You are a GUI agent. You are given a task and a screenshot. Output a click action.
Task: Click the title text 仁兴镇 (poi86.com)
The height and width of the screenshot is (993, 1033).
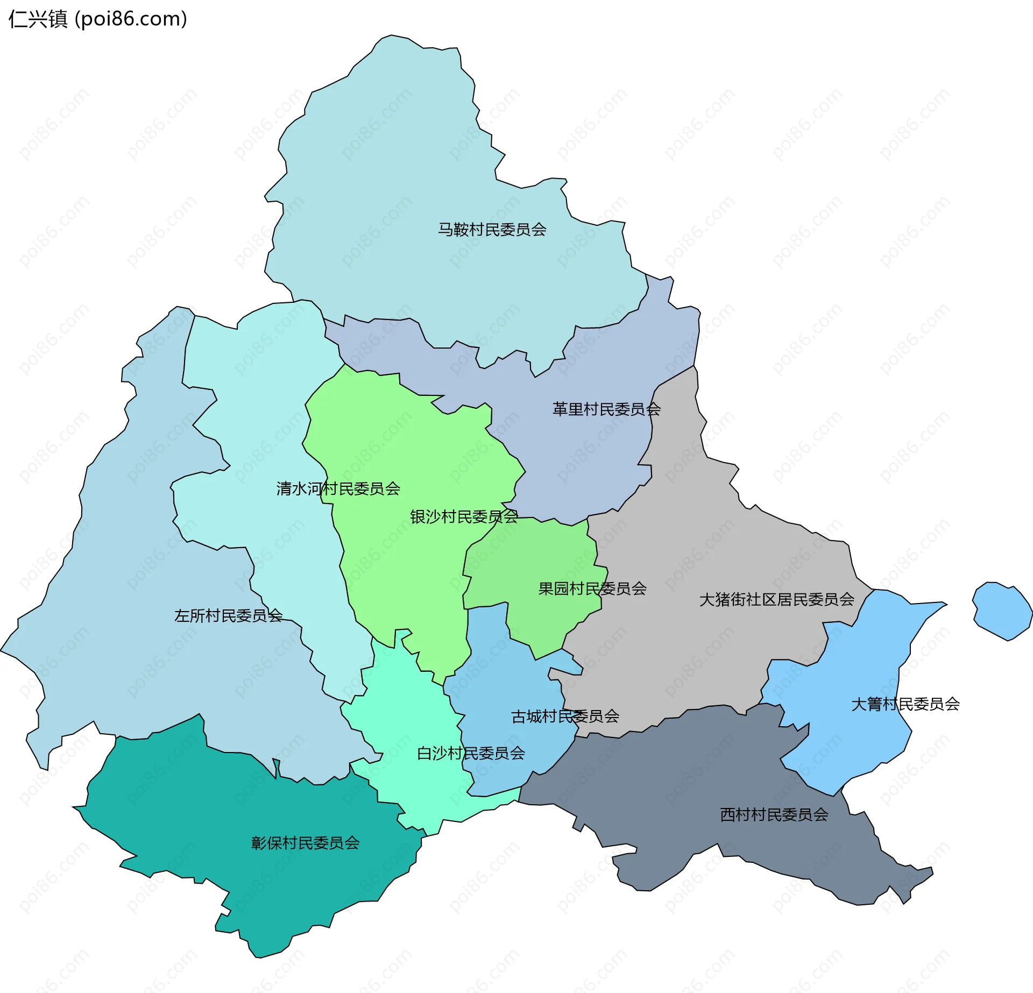click(x=97, y=19)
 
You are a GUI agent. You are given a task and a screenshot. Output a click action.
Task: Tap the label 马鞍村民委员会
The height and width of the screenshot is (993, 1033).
click(x=492, y=230)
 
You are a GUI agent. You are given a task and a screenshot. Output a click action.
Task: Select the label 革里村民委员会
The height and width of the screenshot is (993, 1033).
click(x=606, y=409)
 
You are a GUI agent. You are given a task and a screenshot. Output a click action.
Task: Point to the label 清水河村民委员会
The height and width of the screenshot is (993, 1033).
click(x=338, y=488)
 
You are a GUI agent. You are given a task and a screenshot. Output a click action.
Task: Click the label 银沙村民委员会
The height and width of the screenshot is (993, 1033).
click(x=464, y=517)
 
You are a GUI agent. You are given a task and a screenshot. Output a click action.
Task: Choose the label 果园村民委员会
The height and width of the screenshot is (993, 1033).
click(x=592, y=588)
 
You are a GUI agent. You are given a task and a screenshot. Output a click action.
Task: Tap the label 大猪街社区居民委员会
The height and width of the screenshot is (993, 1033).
click(x=776, y=599)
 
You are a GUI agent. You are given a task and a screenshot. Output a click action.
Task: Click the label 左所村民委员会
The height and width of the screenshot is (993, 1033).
click(x=228, y=615)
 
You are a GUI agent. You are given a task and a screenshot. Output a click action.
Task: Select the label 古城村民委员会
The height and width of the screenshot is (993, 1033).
click(x=565, y=717)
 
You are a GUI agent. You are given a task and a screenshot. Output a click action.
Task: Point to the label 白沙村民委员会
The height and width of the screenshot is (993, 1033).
click(x=471, y=753)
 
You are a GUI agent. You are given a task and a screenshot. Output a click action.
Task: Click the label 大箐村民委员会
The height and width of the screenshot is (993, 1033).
click(x=905, y=704)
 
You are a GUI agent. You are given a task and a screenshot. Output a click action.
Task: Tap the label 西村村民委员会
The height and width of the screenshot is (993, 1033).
click(x=774, y=814)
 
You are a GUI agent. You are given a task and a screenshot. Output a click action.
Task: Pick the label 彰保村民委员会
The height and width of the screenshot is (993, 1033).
click(x=305, y=843)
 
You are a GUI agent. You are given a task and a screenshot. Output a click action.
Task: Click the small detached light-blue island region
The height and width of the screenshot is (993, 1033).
click(x=1002, y=611)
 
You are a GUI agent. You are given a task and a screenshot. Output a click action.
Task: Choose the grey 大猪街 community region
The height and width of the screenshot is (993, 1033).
click(x=710, y=538)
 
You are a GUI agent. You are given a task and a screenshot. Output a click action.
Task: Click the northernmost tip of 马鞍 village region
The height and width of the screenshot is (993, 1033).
click(x=392, y=36)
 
